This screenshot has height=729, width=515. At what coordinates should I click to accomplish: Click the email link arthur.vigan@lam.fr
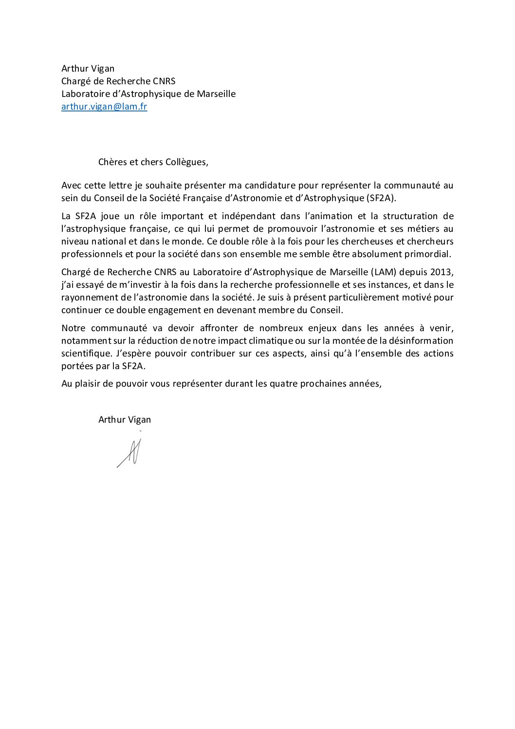[x=104, y=107]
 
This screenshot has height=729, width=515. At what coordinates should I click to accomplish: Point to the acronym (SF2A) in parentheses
[x=380, y=198]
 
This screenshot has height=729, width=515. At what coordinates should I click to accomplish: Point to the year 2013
[x=441, y=272]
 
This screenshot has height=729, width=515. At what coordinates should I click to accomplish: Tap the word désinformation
[x=423, y=341]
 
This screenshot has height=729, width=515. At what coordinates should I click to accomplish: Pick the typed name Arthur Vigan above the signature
[x=125, y=420]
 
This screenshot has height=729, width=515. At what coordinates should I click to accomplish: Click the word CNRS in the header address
[x=164, y=81]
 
